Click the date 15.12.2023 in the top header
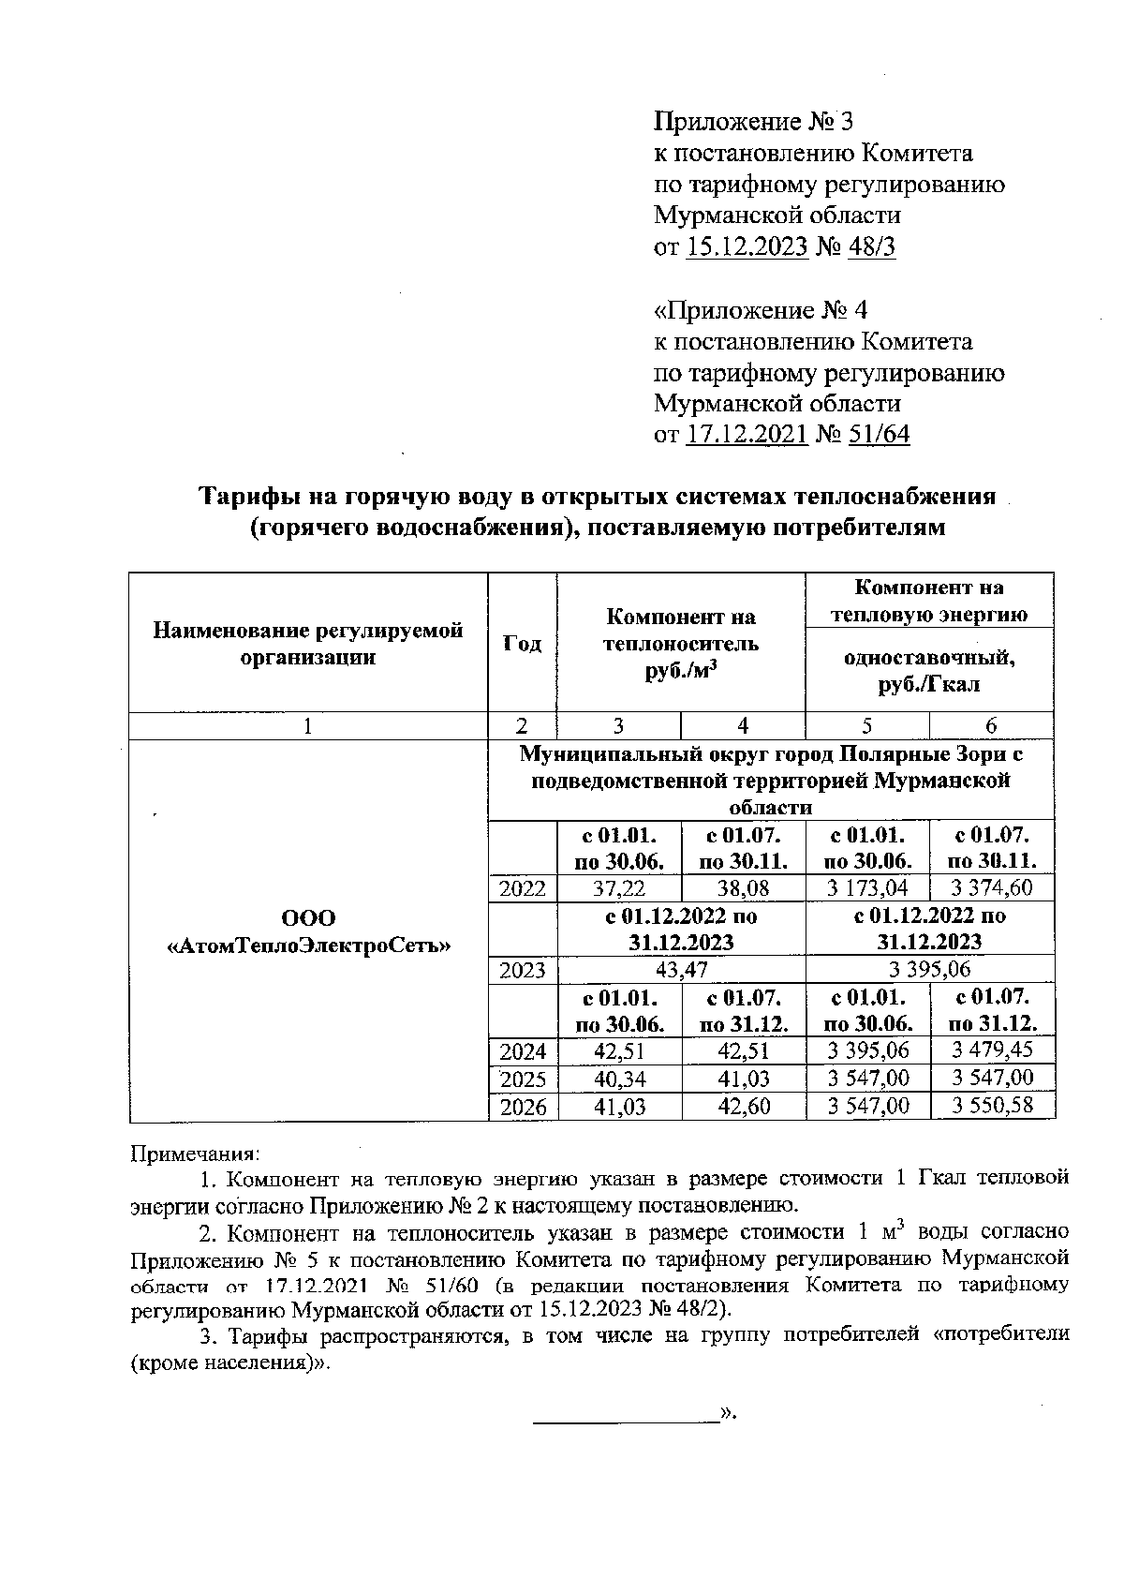(x=747, y=247)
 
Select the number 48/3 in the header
(x=870, y=247)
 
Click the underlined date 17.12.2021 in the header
(x=747, y=435)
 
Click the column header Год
(x=522, y=643)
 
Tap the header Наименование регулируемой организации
(x=308, y=643)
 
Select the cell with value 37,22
(x=618, y=888)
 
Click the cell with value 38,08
(x=743, y=888)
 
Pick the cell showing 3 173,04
(x=867, y=888)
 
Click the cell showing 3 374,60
(x=992, y=888)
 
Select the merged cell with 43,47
(x=681, y=970)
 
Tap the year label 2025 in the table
(x=523, y=1079)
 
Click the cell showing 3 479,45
(x=992, y=1050)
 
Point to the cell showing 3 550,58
(x=992, y=1106)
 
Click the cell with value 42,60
(x=743, y=1106)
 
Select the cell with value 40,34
(x=618, y=1079)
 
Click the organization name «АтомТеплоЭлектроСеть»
(x=308, y=946)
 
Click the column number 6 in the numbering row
(x=991, y=725)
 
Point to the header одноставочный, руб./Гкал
(x=929, y=670)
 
